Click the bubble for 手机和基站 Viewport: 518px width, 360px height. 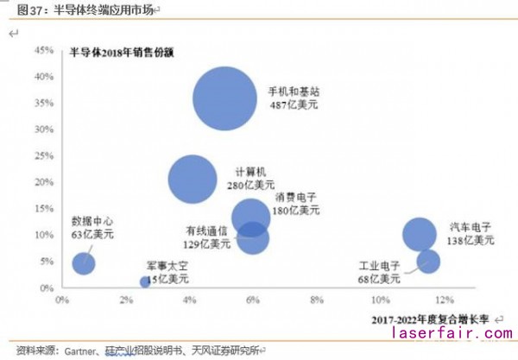224,99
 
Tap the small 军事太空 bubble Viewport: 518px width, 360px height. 146,281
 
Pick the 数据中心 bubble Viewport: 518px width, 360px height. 84,263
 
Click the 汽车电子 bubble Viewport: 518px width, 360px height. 420,233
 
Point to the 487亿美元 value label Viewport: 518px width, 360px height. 293,104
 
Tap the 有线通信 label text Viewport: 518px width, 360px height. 206,231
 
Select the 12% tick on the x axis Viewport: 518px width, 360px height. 444,300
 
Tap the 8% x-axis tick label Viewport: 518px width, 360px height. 316,300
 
